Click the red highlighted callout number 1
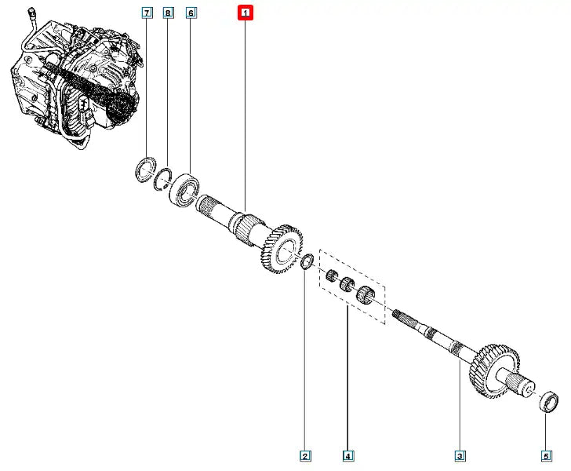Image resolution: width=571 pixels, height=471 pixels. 245,13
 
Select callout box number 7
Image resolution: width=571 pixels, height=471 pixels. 147,13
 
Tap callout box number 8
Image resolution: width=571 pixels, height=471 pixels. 168,13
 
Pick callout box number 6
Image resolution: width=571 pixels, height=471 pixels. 191,13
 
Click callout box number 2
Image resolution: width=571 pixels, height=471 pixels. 305,455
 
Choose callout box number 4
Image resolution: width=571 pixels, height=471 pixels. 347,455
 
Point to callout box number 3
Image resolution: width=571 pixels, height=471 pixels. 460,455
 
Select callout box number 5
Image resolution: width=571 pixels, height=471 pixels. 546,455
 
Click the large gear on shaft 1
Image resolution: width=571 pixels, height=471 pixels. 281,249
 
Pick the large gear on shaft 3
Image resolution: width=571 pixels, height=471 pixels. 494,371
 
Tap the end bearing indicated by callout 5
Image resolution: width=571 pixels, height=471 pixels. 548,401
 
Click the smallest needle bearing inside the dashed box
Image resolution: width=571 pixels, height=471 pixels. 331,276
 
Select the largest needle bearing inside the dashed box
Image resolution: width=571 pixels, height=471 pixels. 365,294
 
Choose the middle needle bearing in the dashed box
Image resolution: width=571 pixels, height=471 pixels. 347,284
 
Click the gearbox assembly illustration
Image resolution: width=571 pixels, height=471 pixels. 77,77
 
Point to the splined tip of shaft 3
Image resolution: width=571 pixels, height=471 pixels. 402,316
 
